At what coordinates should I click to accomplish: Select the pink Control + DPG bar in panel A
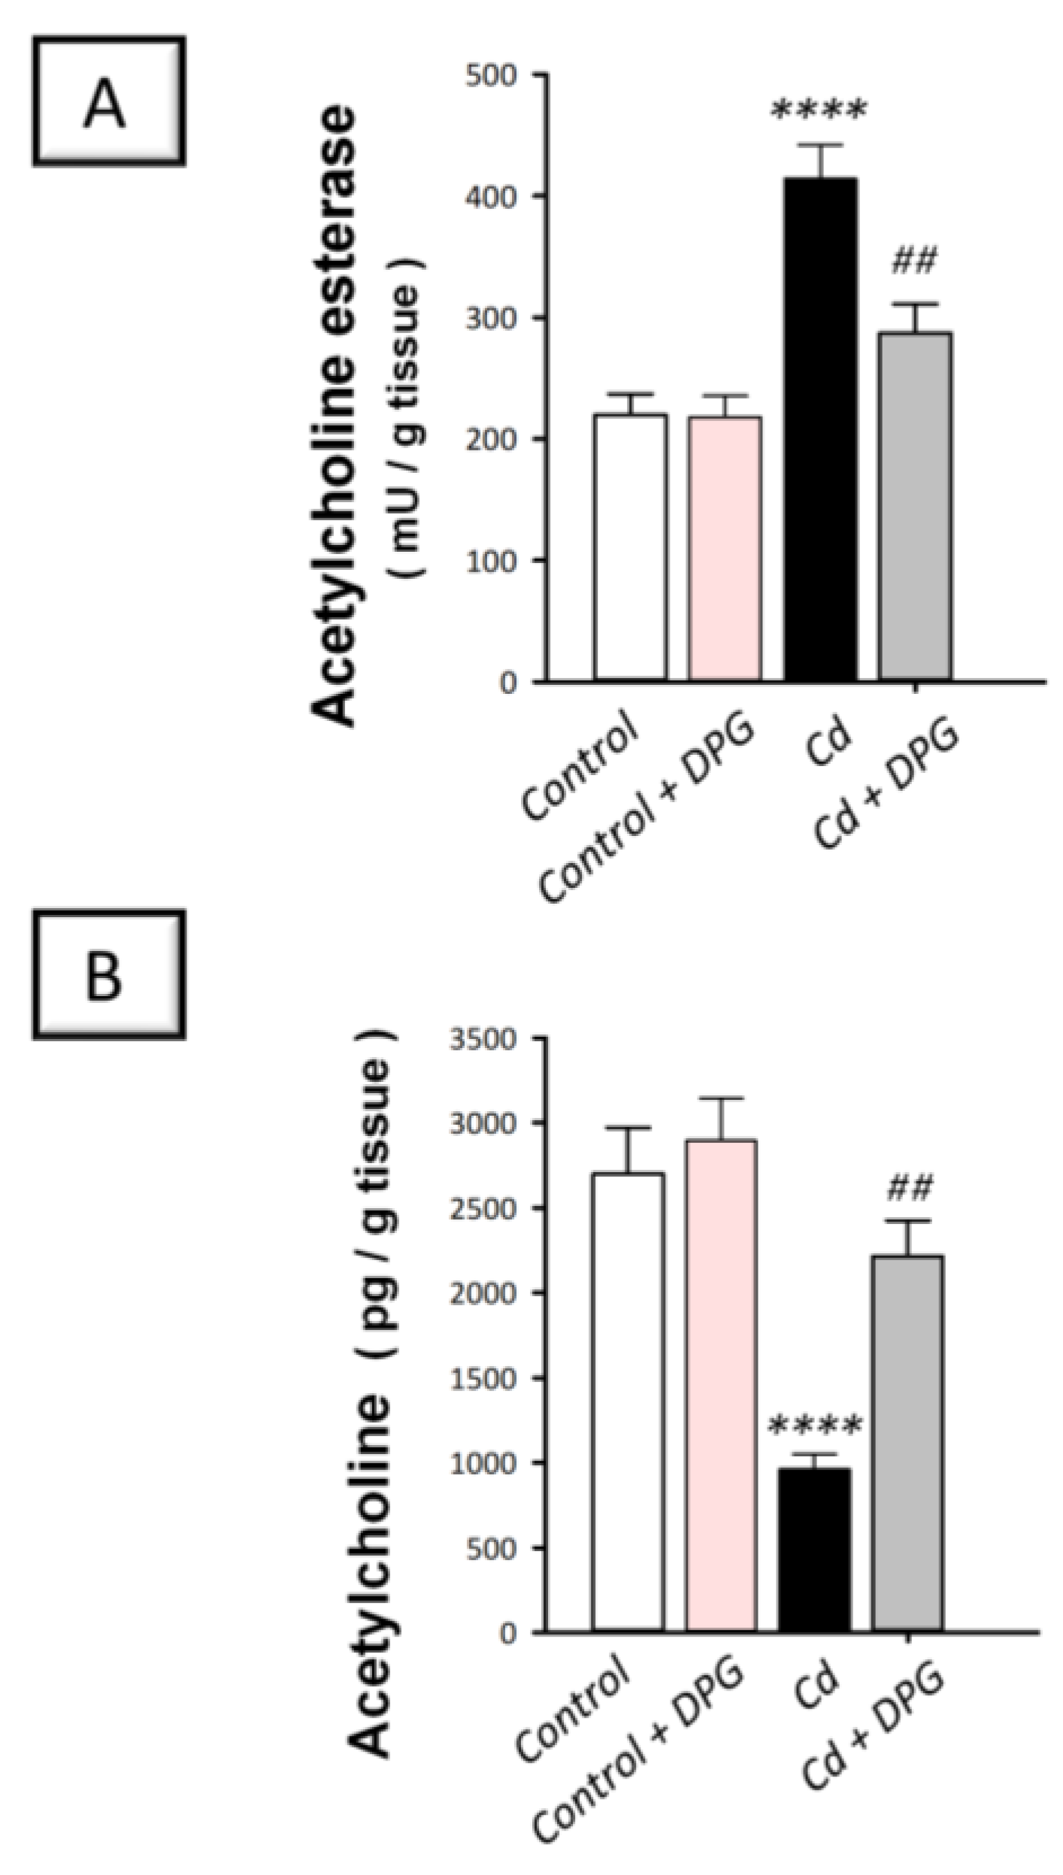[725, 548]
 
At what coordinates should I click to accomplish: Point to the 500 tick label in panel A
[492, 75]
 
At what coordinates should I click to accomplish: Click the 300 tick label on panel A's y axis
[492, 318]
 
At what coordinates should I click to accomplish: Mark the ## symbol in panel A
[914, 263]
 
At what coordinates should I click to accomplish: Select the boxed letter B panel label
[108, 975]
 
